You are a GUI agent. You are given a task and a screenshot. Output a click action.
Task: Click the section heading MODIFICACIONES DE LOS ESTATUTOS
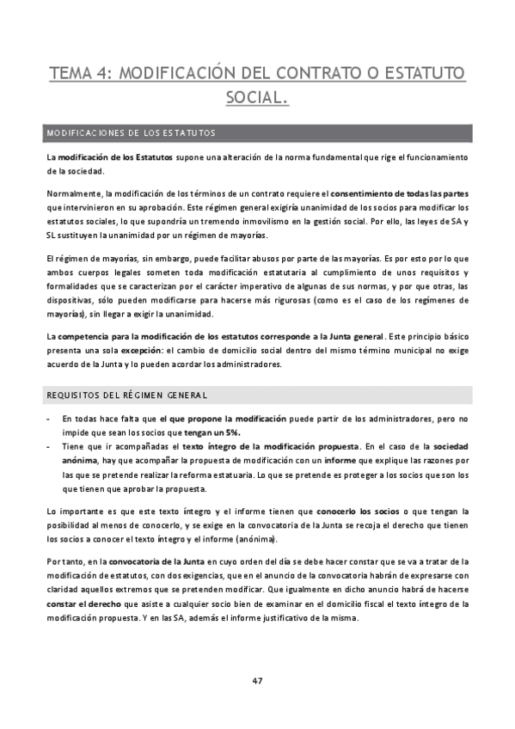[131, 133]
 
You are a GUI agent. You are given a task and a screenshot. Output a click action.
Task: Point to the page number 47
[257, 681]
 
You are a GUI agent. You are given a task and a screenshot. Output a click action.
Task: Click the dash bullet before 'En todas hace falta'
[48, 419]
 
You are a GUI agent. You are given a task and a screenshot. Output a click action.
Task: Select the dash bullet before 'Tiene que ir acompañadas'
[48, 448]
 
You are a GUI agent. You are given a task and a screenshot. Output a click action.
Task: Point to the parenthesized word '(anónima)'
[254, 539]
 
